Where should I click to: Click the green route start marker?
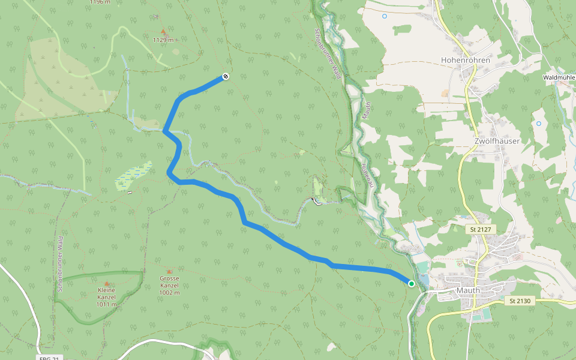[412, 283]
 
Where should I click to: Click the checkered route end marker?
[225, 76]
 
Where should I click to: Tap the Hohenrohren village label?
[465, 61]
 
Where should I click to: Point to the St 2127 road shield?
[481, 229]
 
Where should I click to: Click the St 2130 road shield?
[519, 300]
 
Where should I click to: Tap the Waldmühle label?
[559, 77]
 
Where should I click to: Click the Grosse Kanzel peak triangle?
[170, 271]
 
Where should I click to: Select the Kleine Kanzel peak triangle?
[107, 283]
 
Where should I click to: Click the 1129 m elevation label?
[163, 40]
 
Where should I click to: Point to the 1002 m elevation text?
[170, 293]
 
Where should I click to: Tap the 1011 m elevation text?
[106, 304]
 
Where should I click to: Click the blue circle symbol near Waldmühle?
[538, 124]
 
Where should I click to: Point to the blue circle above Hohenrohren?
[384, 16]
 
